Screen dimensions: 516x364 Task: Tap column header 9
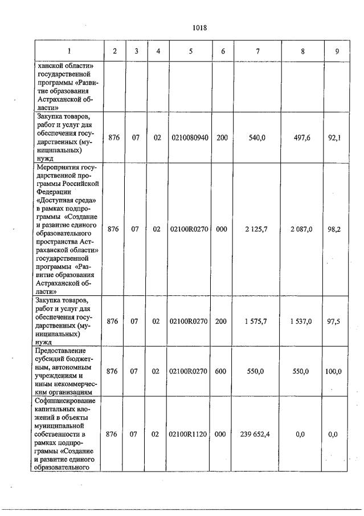click(337, 51)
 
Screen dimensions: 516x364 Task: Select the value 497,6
click(302, 138)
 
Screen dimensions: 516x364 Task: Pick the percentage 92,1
click(335, 138)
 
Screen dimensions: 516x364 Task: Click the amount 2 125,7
click(257, 229)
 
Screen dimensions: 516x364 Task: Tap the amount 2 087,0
click(301, 229)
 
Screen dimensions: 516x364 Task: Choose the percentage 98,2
click(335, 229)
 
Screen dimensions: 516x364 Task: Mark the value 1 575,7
click(257, 321)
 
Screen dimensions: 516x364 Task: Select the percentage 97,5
click(335, 321)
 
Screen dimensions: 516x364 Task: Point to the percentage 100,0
click(333, 371)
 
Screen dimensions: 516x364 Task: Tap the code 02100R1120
click(189, 434)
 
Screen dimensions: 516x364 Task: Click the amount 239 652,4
click(255, 434)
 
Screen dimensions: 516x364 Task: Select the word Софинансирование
click(66, 401)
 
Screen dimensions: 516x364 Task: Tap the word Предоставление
click(60, 350)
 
